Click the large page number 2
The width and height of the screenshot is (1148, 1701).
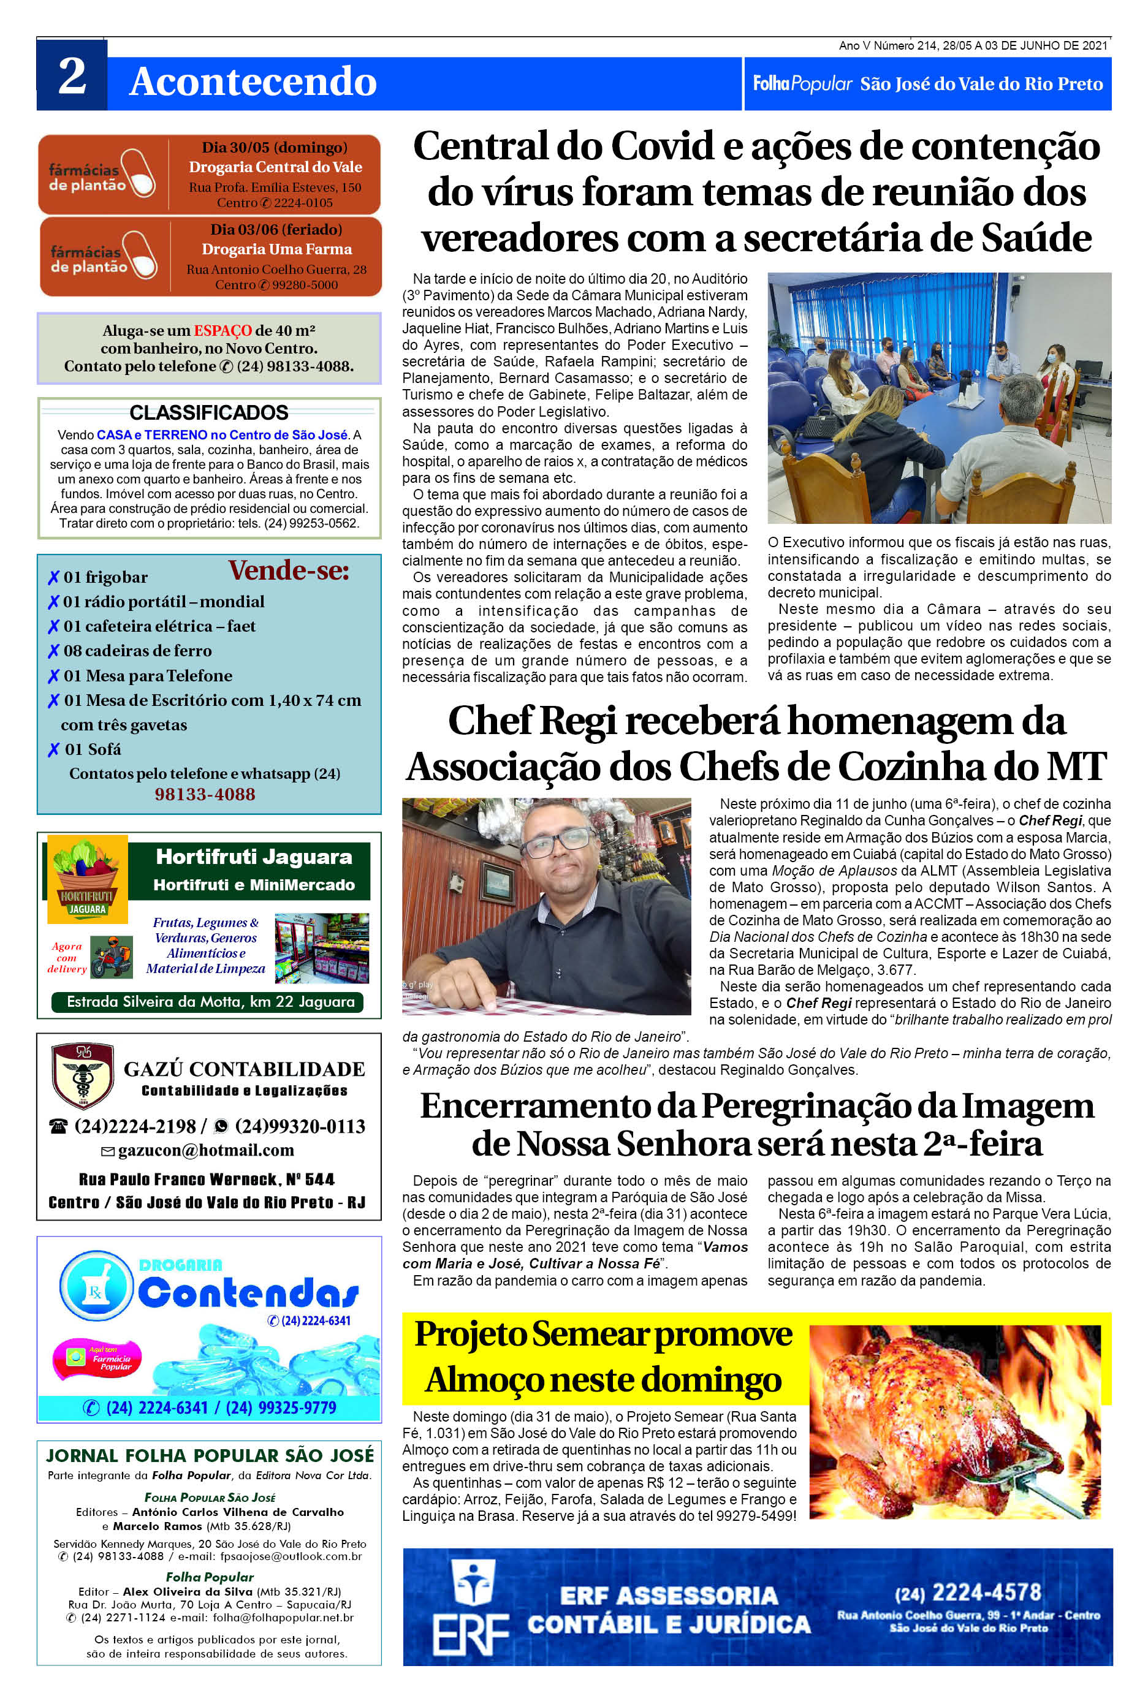coord(72,75)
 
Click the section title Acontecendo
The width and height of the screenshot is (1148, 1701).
coord(253,81)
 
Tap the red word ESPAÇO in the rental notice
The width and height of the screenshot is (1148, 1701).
coord(222,330)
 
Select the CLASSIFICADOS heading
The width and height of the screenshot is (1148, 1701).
coord(208,412)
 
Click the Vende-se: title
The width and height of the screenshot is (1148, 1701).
coord(289,570)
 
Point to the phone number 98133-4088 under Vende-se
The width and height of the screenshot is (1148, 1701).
coord(205,794)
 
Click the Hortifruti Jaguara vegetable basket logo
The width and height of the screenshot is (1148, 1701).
coord(87,878)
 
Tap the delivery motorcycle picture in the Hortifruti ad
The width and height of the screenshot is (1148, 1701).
coord(112,957)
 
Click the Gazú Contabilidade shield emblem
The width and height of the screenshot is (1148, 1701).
coord(82,1075)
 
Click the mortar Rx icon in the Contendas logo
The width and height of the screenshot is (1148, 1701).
coord(96,1287)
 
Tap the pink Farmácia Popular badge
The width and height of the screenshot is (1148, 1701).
coord(97,1358)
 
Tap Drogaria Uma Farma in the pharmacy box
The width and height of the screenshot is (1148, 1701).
coord(277,249)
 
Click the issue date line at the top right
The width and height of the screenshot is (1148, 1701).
coord(973,45)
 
